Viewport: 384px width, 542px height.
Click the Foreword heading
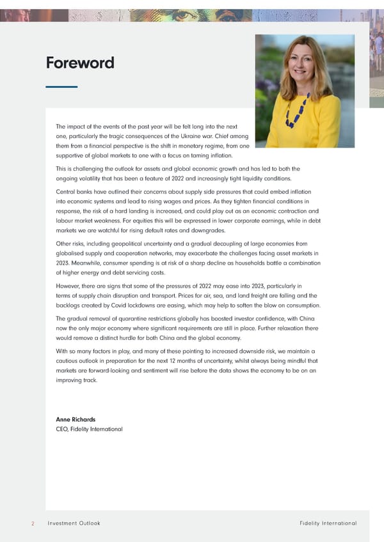[x=80, y=63]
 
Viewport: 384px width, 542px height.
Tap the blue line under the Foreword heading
[x=61, y=87]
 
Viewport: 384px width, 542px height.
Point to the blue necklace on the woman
[x=296, y=111]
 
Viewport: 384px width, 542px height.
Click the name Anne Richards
[x=76, y=419]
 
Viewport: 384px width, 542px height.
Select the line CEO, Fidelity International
[x=89, y=429]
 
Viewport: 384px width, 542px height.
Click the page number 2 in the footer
[x=32, y=523]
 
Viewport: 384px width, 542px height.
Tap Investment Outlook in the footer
[x=74, y=523]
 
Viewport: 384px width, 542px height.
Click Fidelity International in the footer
[x=328, y=523]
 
